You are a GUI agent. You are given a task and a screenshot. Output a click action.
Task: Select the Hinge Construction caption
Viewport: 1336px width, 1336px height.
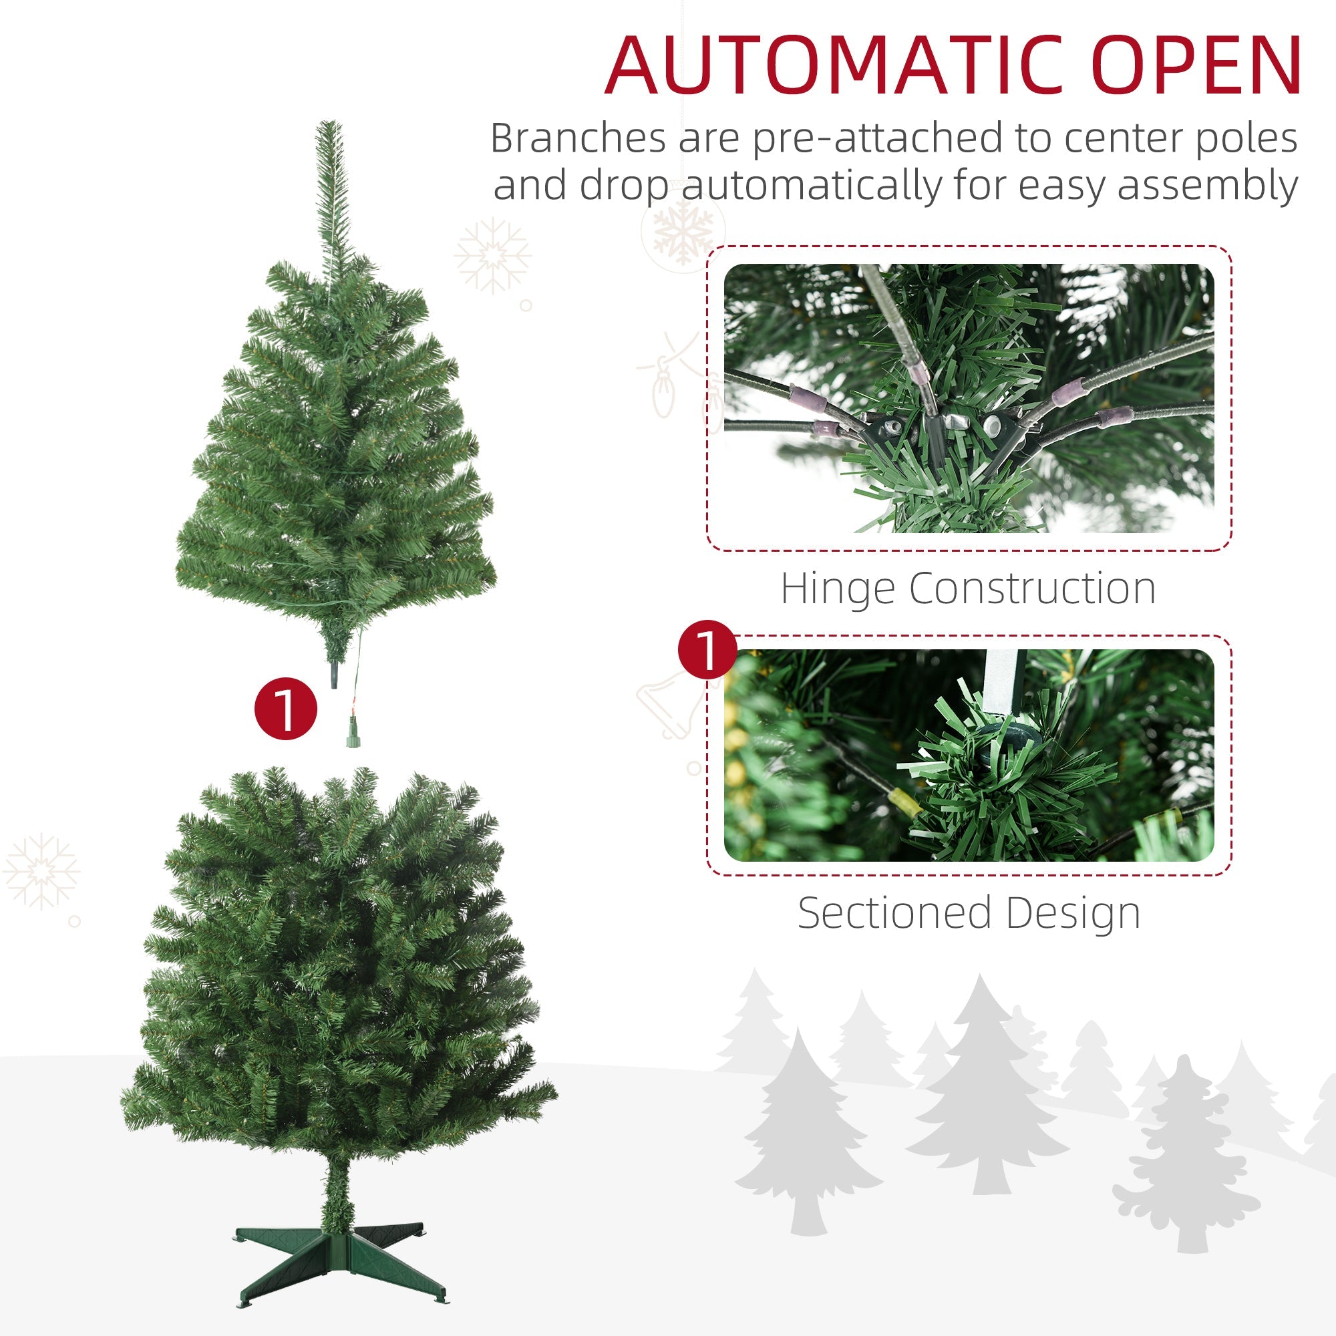(x=968, y=589)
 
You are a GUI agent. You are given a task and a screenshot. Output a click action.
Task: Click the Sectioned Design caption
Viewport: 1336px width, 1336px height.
(x=968, y=912)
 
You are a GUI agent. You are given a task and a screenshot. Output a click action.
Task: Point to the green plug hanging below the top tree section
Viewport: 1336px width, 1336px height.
(x=353, y=741)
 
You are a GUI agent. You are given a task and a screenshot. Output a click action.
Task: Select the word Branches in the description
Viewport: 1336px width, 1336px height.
(x=577, y=138)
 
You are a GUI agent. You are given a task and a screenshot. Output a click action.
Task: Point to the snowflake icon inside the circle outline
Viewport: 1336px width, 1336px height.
(x=683, y=230)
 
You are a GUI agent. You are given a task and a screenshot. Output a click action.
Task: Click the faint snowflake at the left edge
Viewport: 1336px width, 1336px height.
(x=41, y=871)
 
